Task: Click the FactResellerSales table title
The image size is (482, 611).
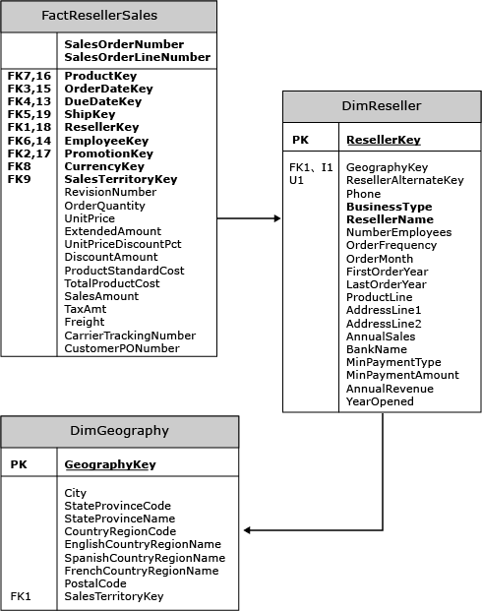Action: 99,16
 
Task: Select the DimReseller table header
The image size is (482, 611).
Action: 382,106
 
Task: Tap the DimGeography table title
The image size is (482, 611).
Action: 120,431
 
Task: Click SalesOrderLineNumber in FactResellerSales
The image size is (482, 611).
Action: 137,57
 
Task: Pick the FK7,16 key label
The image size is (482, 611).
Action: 30,76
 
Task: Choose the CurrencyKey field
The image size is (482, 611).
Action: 104,167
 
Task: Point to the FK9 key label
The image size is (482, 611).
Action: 19,179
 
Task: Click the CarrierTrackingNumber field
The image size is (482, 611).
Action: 130,336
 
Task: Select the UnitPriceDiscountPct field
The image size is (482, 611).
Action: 123,244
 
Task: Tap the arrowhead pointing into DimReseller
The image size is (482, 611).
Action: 277,218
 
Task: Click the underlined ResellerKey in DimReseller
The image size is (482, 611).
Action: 384,140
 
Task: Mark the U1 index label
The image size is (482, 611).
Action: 296,180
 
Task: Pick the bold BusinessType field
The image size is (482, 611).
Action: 390,207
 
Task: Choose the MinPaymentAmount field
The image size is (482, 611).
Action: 402,375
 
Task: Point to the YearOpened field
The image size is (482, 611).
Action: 380,401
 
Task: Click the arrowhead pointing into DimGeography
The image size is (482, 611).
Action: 248,530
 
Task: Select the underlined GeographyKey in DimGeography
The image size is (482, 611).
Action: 110,464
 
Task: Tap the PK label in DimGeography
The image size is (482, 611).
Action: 19,464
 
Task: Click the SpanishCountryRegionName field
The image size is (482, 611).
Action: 145,558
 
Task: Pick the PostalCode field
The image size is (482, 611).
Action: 95,583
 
